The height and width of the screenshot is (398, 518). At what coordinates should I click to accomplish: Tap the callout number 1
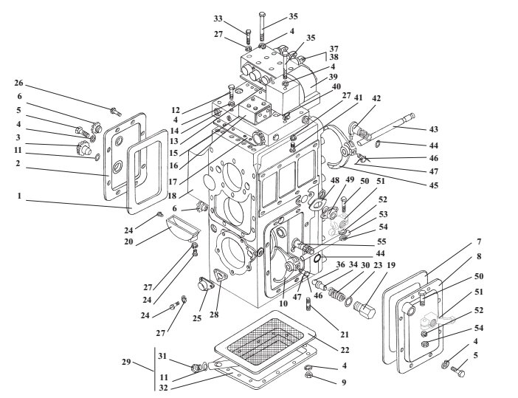click(21, 198)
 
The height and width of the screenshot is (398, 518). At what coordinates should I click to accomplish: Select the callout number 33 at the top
click(218, 18)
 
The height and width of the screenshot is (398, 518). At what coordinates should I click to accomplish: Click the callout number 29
click(126, 363)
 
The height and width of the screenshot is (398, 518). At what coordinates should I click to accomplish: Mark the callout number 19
click(390, 266)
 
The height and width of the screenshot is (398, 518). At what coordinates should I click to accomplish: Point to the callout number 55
click(381, 241)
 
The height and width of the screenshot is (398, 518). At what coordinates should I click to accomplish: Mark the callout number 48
click(336, 179)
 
